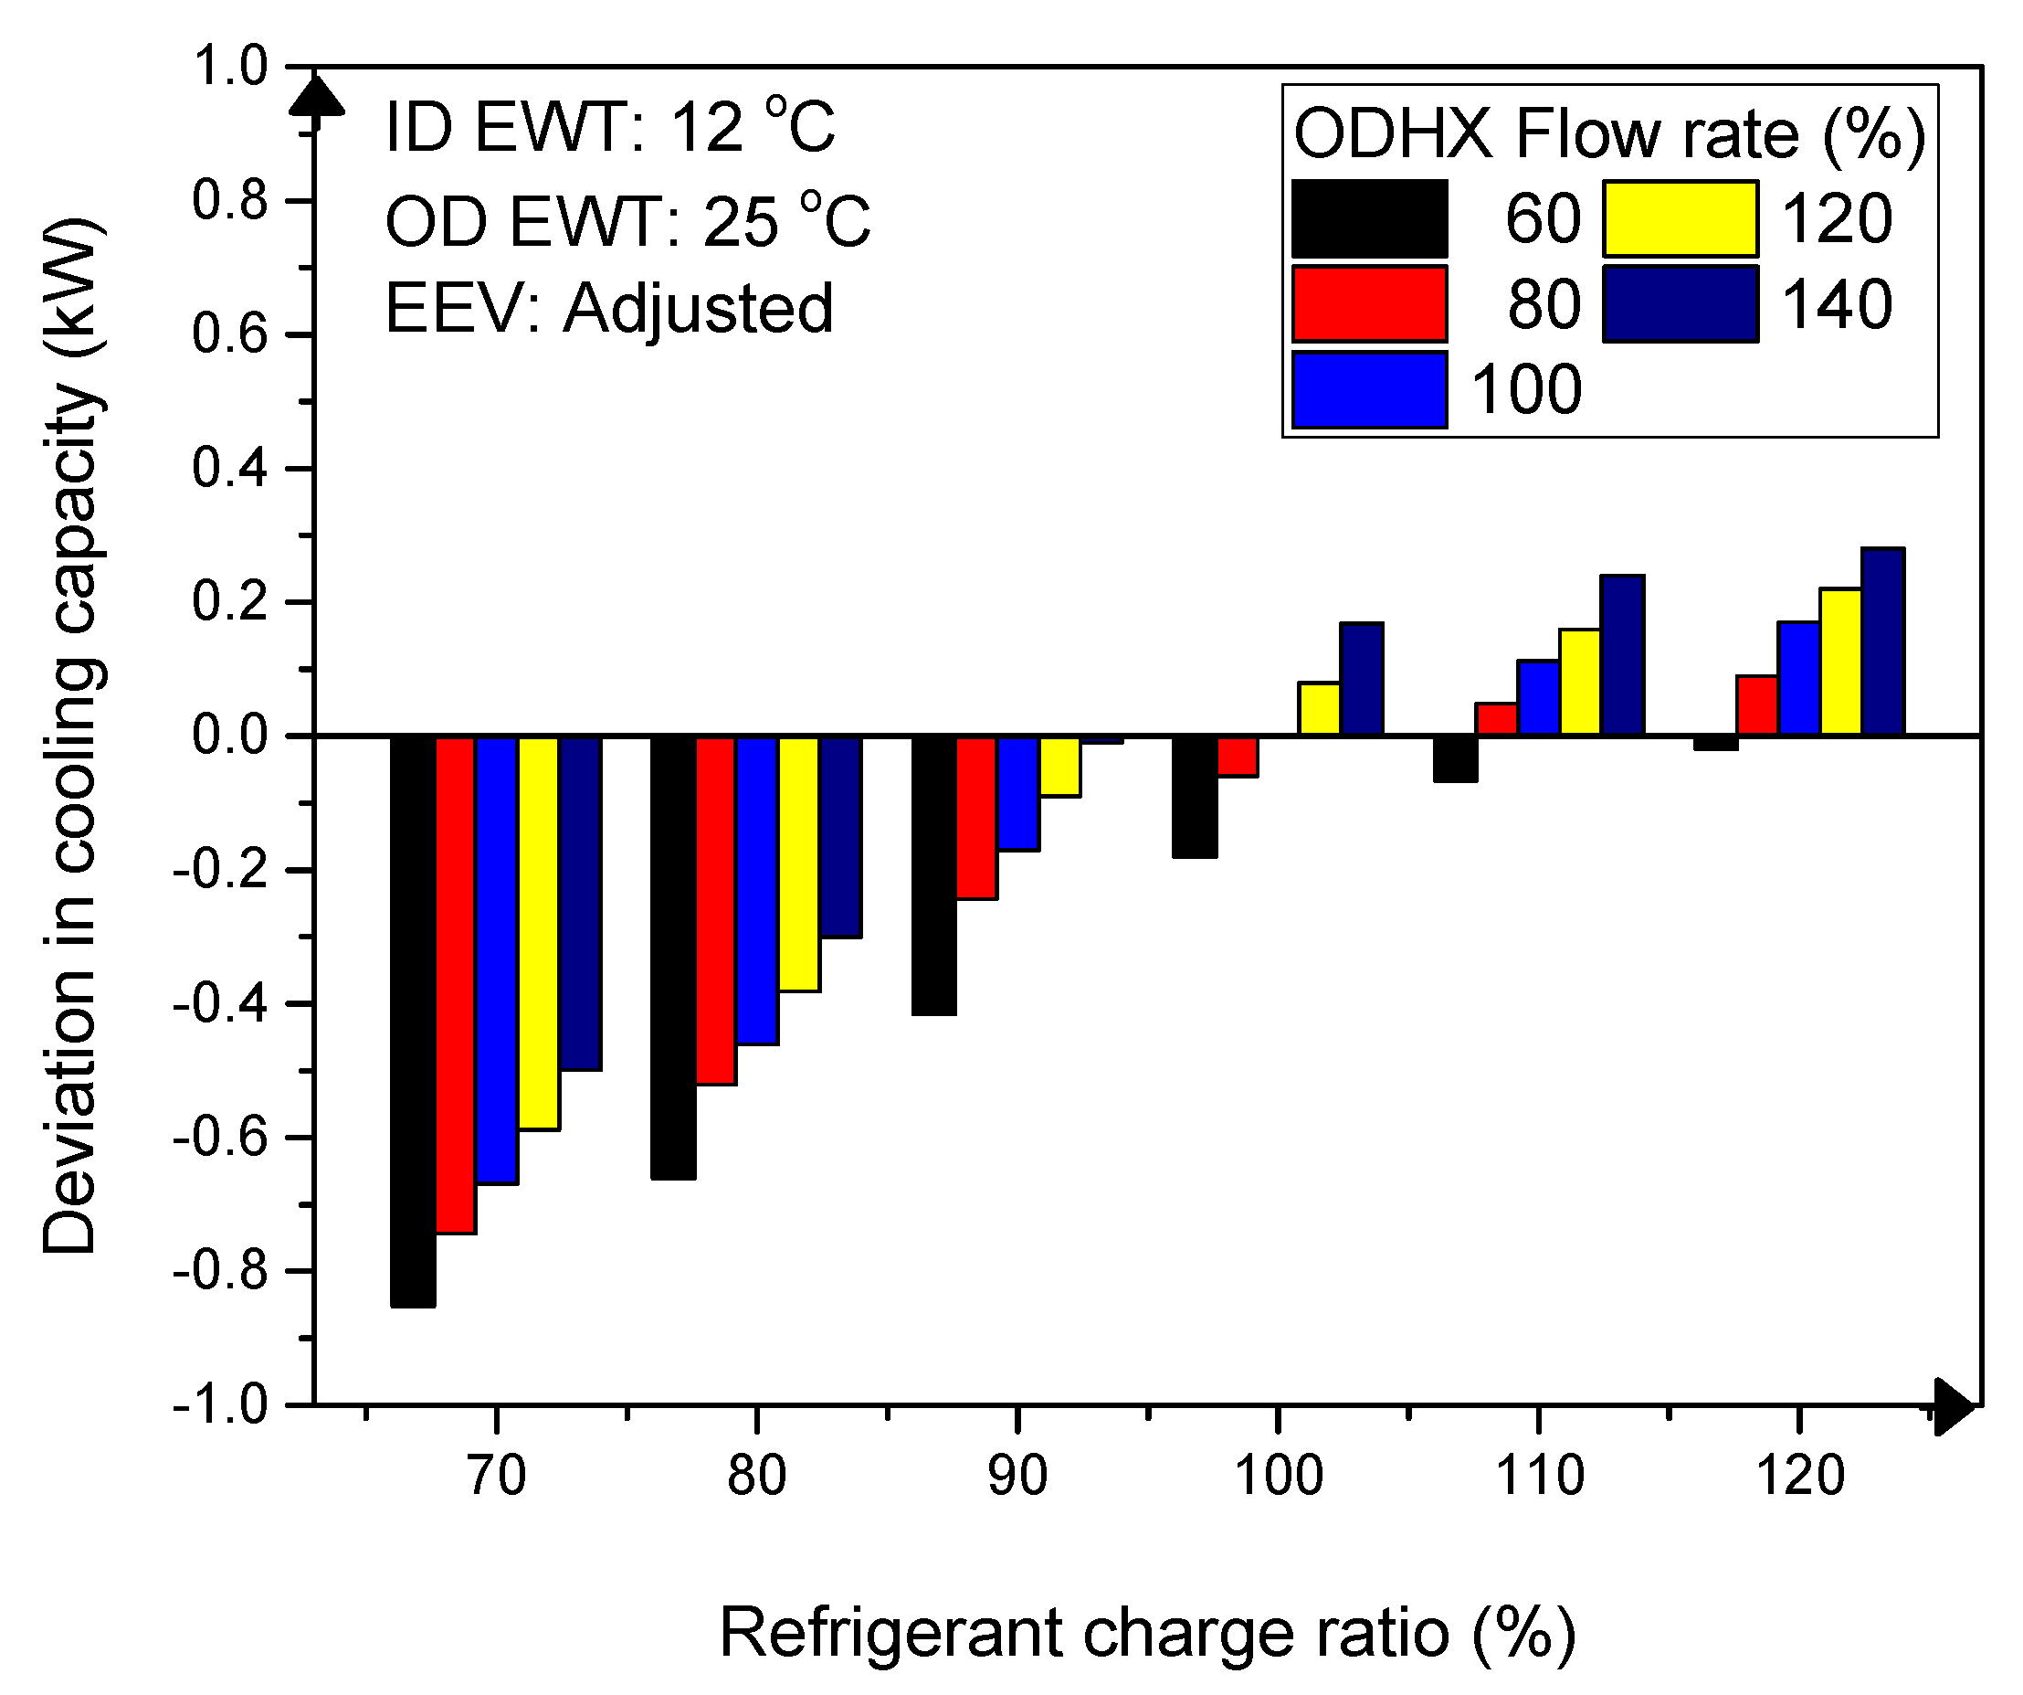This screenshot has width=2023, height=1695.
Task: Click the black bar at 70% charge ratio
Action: pyautogui.click(x=412, y=1022)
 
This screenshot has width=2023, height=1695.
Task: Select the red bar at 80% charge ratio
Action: pyautogui.click(x=716, y=910)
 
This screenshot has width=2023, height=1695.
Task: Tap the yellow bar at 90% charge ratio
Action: pyautogui.click(x=1059, y=767)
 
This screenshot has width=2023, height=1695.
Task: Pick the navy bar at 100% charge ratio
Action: pyautogui.click(x=1361, y=679)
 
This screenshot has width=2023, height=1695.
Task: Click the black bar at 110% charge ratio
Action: pyautogui.click(x=1455, y=759)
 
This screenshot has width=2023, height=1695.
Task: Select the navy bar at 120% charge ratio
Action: pyautogui.click(x=1882, y=641)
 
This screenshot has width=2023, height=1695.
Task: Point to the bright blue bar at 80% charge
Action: pyautogui.click(x=757, y=889)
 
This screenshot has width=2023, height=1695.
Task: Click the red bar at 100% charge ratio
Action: pyautogui.click(x=1237, y=757)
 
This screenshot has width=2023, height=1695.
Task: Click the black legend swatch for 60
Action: pyautogui.click(x=1369, y=218)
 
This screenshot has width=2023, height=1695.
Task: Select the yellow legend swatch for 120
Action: pyautogui.click(x=1681, y=218)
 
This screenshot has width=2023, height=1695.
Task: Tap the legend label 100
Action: pyautogui.click(x=1526, y=390)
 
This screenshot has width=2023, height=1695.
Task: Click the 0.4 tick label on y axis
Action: pyautogui.click(x=229, y=469)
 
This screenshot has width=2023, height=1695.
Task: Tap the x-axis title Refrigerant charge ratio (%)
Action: pyautogui.click(x=1146, y=1632)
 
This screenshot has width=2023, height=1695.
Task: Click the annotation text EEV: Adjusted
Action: pyautogui.click(x=609, y=308)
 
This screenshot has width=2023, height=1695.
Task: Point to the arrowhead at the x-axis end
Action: pyautogui.click(x=1954, y=1406)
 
